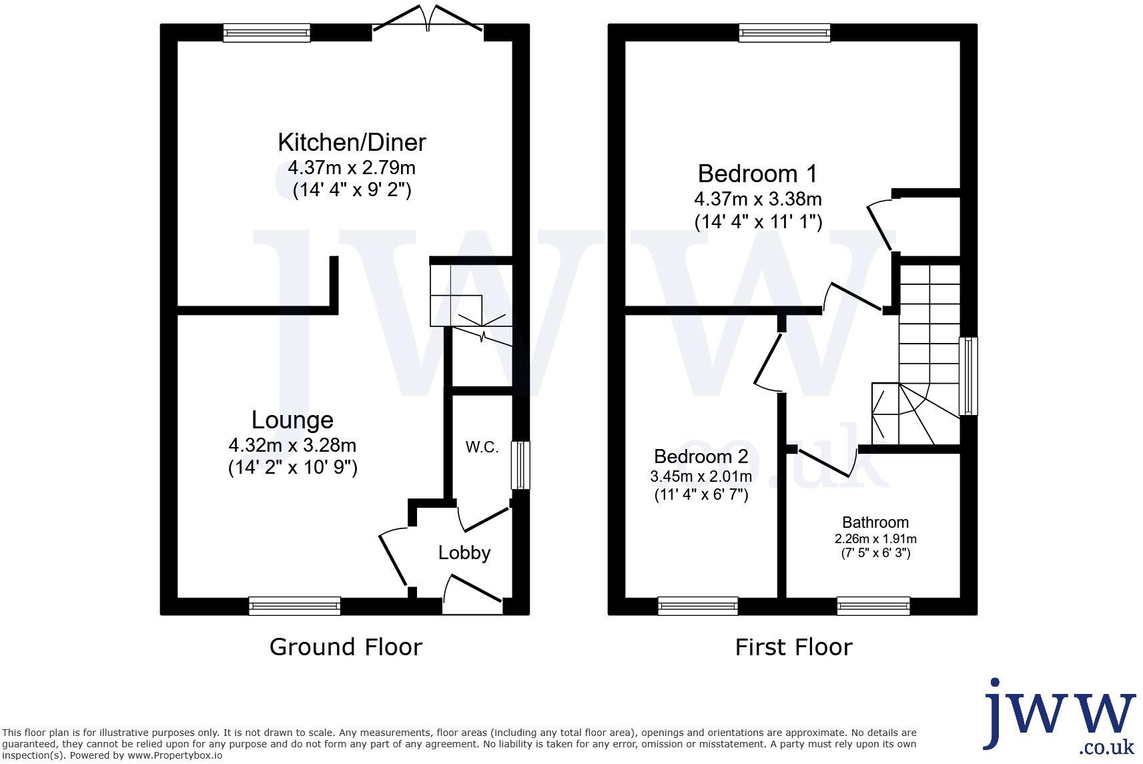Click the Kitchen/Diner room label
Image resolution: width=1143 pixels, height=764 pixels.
352,142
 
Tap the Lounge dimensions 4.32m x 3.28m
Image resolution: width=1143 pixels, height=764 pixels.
292,445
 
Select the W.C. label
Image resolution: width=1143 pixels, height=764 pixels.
482,447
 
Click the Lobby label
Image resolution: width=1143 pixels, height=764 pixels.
464,552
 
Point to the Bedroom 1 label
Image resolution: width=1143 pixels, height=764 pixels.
757,173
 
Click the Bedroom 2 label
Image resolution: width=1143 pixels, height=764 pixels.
701,456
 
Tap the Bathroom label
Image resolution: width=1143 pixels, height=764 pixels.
875,522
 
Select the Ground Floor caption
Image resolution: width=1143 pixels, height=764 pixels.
346,647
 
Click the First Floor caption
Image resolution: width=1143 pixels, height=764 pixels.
793,647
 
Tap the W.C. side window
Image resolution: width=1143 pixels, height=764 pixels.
520,465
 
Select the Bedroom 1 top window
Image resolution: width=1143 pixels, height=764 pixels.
785,33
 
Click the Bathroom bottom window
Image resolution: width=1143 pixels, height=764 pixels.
873,606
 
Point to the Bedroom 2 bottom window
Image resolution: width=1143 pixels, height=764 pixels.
698,606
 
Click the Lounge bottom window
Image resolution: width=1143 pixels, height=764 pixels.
294,606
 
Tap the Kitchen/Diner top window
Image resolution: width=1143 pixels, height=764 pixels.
267,33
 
